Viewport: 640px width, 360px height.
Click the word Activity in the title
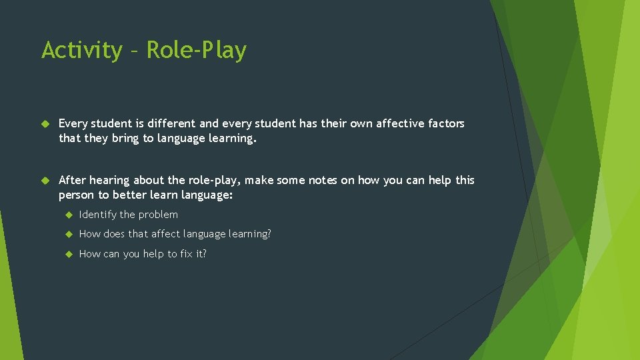pos(81,51)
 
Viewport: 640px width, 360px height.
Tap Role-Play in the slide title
pos(196,51)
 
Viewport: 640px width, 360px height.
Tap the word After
pos(72,180)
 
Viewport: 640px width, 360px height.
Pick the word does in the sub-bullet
pos(116,234)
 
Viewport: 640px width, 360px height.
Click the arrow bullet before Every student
pos(45,124)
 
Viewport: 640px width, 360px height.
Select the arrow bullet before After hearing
pos(45,181)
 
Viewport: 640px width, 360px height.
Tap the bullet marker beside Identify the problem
pos(68,215)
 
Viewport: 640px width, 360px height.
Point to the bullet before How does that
pos(68,234)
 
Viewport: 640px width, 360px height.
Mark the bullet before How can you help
pos(68,254)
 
